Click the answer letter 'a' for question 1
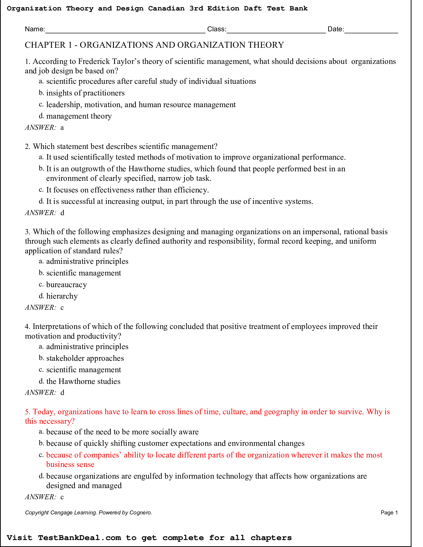point(62,128)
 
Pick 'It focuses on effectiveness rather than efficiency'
point(127,190)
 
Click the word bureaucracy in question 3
point(66,285)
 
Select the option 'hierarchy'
point(62,296)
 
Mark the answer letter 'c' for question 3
point(62,308)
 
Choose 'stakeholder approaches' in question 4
point(85,358)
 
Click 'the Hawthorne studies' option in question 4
point(83,381)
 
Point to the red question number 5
point(28,412)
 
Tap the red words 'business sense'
point(70,465)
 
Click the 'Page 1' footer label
point(389,513)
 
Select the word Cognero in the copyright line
point(140,513)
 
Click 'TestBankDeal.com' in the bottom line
point(79,538)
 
